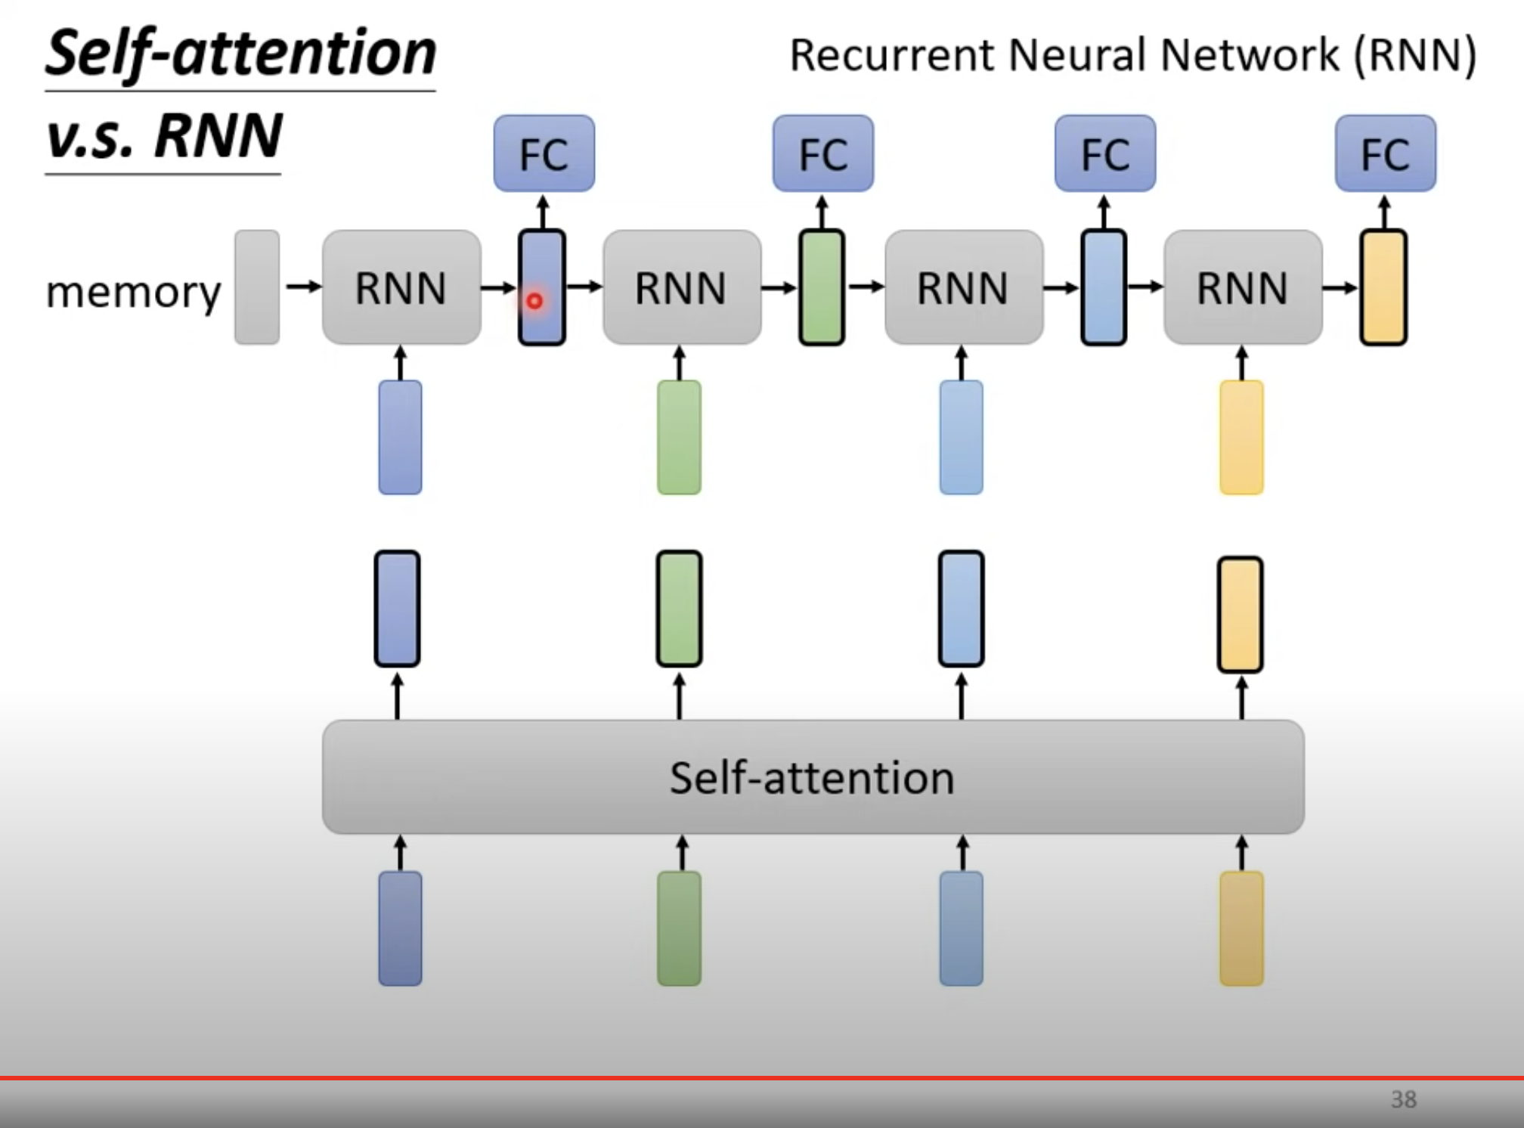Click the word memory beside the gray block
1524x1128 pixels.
coord(133,292)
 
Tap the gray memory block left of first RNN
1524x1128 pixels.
coord(257,287)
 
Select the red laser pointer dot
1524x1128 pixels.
coord(534,301)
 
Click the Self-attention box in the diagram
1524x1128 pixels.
coord(813,777)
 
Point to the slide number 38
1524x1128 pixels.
coord(1403,1099)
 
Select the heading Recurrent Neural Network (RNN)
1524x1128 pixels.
coord(1132,55)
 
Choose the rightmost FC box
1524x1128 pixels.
coord(1385,153)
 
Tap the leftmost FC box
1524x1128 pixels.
coord(544,153)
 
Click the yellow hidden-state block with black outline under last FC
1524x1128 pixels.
coord(1383,287)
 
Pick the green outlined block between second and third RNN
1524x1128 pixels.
coord(822,287)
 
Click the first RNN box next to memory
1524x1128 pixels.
coord(401,287)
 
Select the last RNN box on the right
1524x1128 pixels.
coord(1243,287)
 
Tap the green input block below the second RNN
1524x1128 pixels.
coord(679,437)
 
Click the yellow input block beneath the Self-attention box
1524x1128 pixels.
coord(1241,928)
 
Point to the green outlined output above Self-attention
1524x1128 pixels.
coord(679,609)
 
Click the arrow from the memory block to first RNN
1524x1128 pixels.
coord(304,287)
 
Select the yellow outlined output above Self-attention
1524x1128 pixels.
coord(1240,614)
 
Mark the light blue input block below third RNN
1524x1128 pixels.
coord(961,437)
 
